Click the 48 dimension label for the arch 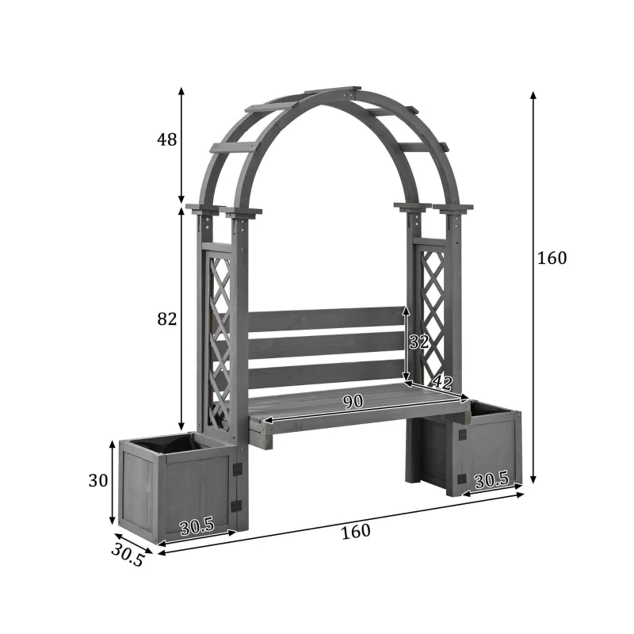[166, 140]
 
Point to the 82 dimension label [166, 319]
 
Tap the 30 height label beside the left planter [98, 481]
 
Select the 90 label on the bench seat [353, 402]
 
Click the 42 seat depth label [441, 384]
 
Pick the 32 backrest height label [418, 342]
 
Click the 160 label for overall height [552, 258]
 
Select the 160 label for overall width [356, 531]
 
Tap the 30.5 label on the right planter [491, 480]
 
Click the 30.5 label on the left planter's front [197, 525]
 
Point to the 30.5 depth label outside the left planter [128, 554]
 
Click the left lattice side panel [220, 341]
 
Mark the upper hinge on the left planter [236, 469]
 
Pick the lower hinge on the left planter [236, 506]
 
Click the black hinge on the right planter [460, 480]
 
